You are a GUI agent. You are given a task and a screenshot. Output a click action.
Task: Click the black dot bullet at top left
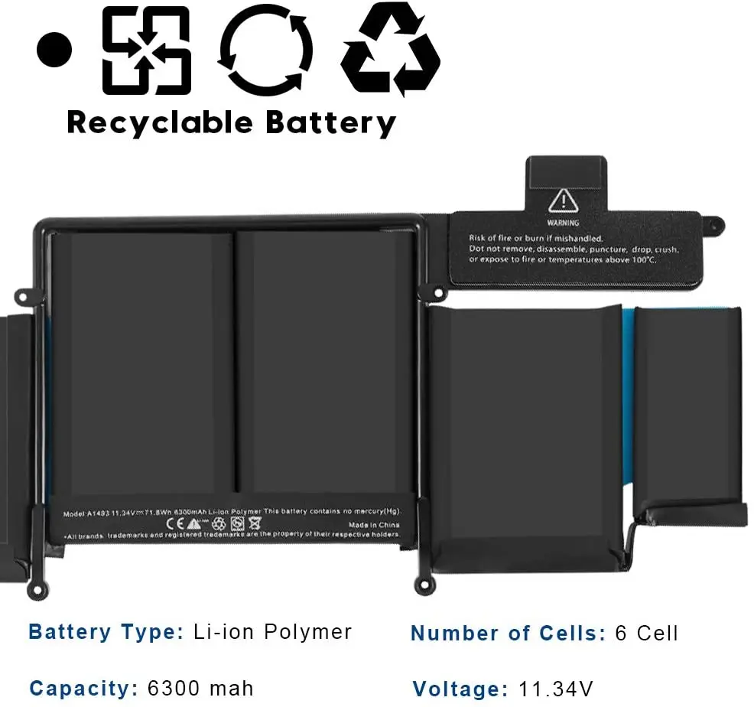pos(54,50)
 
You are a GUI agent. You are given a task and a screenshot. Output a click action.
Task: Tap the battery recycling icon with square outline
pos(146,50)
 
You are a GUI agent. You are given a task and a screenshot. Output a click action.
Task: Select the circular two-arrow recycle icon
pos(265,51)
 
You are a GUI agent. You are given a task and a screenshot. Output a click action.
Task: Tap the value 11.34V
pos(554,689)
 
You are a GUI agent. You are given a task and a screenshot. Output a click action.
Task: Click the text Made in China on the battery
pos(373,524)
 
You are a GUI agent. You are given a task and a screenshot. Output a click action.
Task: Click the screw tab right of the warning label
pos(714,223)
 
